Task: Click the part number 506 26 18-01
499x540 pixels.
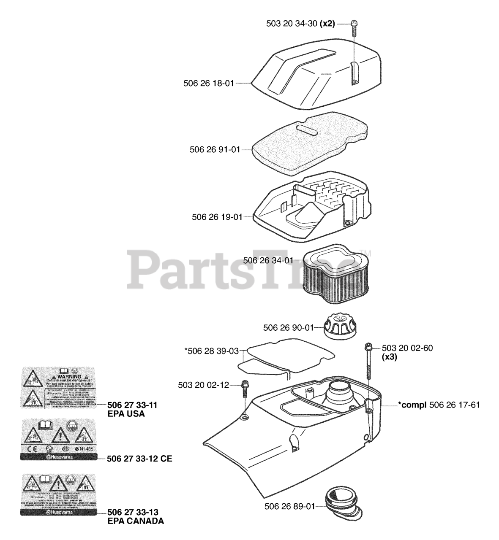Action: click(x=209, y=84)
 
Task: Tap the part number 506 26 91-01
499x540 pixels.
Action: click(x=215, y=149)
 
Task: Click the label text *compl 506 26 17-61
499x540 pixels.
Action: click(x=439, y=405)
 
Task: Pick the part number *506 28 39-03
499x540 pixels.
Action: click(x=212, y=351)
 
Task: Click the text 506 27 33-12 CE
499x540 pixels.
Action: click(x=139, y=459)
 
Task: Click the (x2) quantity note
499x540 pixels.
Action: click(x=327, y=24)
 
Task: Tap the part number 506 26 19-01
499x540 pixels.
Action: click(x=217, y=217)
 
